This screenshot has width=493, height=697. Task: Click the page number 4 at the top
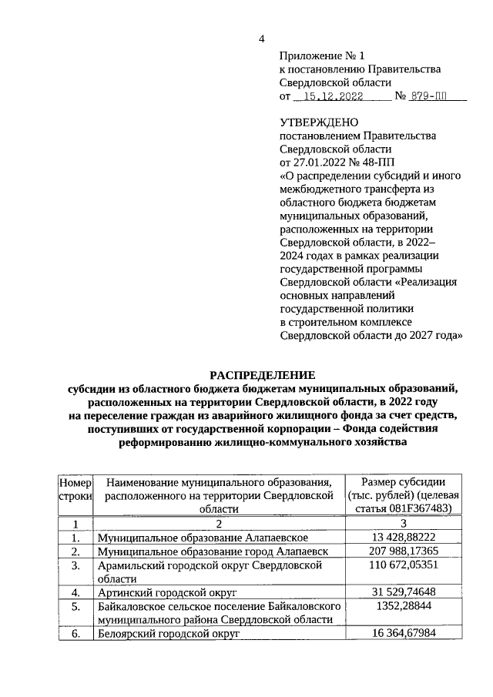(261, 40)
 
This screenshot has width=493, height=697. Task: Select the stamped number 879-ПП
(428, 97)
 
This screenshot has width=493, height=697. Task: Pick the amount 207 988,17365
(403, 551)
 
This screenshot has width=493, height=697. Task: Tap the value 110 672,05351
(403, 566)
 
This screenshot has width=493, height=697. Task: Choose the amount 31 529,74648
(403, 592)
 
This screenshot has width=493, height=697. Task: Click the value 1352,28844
(403, 607)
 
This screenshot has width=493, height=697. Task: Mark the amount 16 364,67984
(403, 634)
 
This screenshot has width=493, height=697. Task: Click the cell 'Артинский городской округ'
(166, 593)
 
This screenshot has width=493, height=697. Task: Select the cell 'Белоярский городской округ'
(169, 634)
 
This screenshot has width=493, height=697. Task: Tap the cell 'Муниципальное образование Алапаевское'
(203, 537)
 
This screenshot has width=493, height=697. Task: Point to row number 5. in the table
(75, 607)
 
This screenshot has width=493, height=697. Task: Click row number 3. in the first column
(75, 566)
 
